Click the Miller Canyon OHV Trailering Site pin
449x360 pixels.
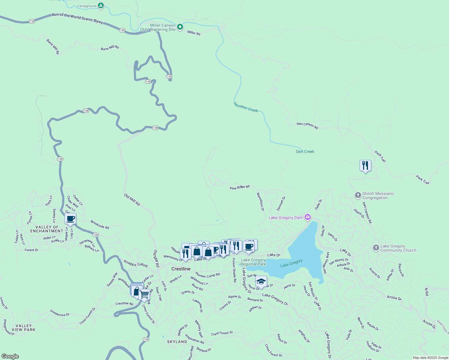(180, 27)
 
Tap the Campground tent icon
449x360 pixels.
(101, 5)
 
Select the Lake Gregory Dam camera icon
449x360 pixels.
(307, 217)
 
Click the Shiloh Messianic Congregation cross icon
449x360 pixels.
(358, 195)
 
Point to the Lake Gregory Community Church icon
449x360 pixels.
(376, 248)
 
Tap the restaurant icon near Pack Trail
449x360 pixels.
(365, 166)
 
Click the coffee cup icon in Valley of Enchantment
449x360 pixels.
(71, 219)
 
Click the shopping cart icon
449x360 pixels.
(144, 294)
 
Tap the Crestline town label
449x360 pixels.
(181, 269)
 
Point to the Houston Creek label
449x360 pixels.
(246, 107)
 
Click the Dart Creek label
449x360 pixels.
(305, 151)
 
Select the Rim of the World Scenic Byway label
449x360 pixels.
(77, 18)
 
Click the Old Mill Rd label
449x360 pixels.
(132, 199)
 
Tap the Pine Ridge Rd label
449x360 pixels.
(240, 187)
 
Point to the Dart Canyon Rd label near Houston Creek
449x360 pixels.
(307, 125)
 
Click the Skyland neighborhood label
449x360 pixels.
(177, 342)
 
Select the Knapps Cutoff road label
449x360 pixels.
(136, 264)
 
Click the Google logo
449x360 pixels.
(10, 356)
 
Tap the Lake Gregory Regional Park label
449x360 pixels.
(253, 262)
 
